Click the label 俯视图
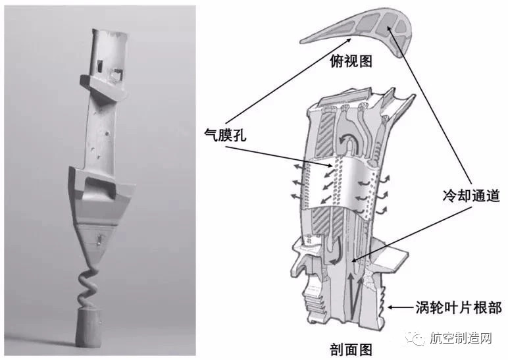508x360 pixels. (351, 61)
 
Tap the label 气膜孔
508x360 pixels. (225, 134)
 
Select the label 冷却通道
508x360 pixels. (471, 195)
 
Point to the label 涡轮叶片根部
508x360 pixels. (459, 307)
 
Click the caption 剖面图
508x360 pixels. (351, 350)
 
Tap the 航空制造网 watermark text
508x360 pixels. (461, 338)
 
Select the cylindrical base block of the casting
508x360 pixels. (88, 326)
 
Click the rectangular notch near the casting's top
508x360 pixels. (116, 75)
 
